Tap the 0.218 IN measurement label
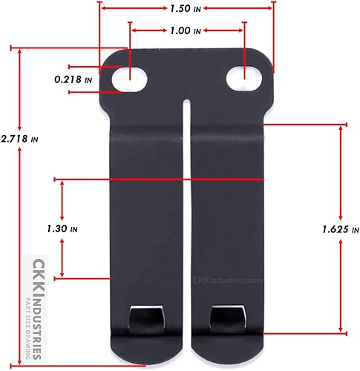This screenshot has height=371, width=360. pos(73,79)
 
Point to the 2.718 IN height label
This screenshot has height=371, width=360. pos(20,139)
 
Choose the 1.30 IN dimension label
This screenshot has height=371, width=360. pos(62,230)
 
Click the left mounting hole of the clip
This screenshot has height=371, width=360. pos(131,76)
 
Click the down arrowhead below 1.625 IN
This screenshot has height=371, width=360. pos(341,329)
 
